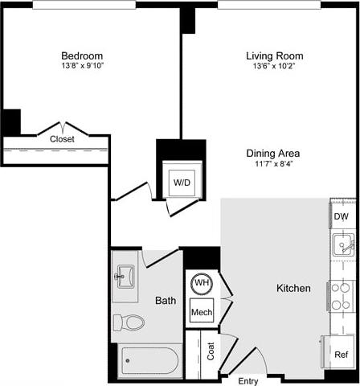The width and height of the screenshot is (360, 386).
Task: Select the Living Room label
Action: [x=274, y=55]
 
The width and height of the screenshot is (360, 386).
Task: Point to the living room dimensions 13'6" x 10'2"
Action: [x=274, y=66]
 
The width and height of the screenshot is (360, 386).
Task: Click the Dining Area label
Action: [x=274, y=153]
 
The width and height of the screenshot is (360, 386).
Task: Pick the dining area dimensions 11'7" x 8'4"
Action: [x=274, y=164]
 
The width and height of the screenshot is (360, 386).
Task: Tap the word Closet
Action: [x=63, y=139]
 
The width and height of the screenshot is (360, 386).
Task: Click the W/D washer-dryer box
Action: [x=182, y=183]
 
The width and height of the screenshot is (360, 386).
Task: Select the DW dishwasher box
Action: [x=341, y=216]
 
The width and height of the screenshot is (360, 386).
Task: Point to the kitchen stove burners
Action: [x=342, y=294]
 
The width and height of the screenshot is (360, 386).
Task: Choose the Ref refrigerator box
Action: [x=342, y=355]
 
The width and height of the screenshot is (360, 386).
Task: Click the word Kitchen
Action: [x=293, y=288]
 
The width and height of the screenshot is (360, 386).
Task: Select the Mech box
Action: [x=201, y=311]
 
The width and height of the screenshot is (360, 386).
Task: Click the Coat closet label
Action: [x=211, y=351]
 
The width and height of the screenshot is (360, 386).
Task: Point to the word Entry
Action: [x=248, y=380]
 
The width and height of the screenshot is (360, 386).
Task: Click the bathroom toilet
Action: [x=129, y=323]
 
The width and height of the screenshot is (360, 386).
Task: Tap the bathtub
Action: [x=150, y=361]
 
